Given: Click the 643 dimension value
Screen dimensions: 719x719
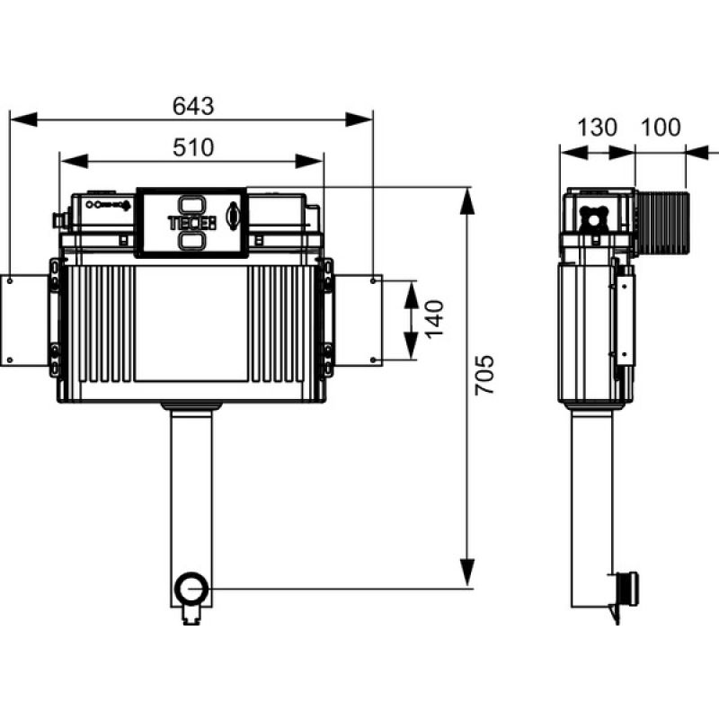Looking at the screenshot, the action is (x=193, y=106).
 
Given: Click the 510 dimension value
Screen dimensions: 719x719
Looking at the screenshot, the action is (x=193, y=147).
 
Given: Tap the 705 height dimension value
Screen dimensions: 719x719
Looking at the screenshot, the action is (x=484, y=375).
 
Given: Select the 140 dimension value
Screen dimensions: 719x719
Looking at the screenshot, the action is (x=434, y=319).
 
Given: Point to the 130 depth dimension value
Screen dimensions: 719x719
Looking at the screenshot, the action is (x=597, y=128).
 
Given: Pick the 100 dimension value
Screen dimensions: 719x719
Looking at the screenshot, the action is (x=661, y=128).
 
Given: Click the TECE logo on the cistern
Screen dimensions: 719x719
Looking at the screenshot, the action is (x=191, y=223).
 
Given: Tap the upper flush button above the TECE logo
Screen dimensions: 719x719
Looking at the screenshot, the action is (x=191, y=204).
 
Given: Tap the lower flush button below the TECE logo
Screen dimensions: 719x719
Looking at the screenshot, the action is (x=191, y=241).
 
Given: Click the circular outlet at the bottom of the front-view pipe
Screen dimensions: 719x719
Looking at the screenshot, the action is (x=191, y=588).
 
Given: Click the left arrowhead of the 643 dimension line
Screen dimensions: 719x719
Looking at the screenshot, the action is (x=23, y=120).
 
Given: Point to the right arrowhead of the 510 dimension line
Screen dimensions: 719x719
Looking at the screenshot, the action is (x=310, y=162).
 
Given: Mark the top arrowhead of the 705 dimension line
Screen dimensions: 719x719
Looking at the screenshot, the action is (x=466, y=200).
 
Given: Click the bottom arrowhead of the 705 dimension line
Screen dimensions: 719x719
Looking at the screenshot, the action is (x=466, y=573).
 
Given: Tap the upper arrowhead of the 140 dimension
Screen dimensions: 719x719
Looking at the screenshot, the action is (x=412, y=295).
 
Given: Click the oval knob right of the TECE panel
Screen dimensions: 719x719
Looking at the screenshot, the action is (x=234, y=215).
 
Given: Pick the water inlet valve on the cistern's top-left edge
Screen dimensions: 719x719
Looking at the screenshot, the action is (x=60, y=220).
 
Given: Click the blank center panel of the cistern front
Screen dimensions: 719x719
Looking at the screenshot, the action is (x=191, y=324).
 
